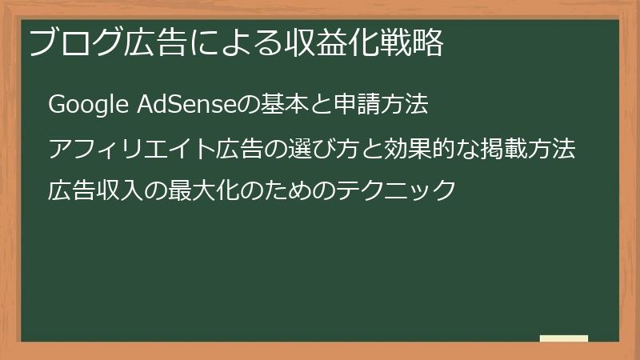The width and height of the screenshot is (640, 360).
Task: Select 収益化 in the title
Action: [335, 44]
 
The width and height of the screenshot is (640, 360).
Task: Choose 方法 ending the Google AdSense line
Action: [409, 104]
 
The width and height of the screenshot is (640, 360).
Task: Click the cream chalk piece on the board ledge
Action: [564, 338]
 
